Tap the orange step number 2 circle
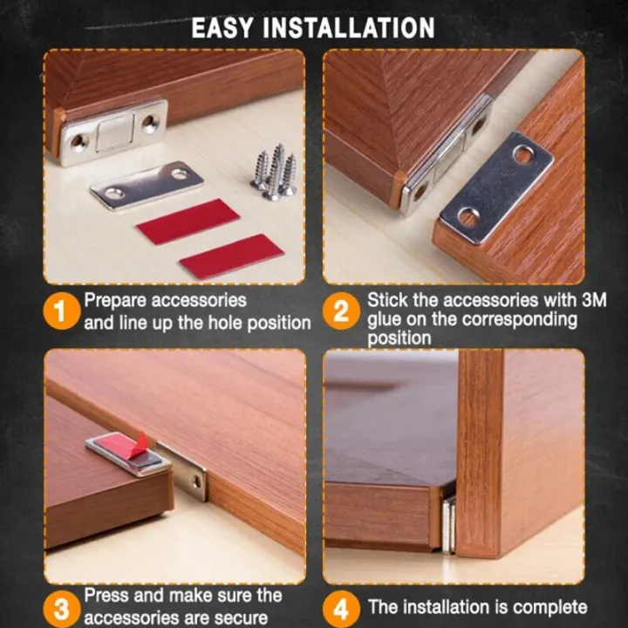(341, 311)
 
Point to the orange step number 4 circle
(341, 607)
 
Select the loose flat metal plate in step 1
(147, 184)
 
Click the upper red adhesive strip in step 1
(188, 221)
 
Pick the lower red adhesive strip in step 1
(231, 256)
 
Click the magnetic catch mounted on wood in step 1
(113, 131)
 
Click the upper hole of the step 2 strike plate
(523, 154)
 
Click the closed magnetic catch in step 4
(448, 524)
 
